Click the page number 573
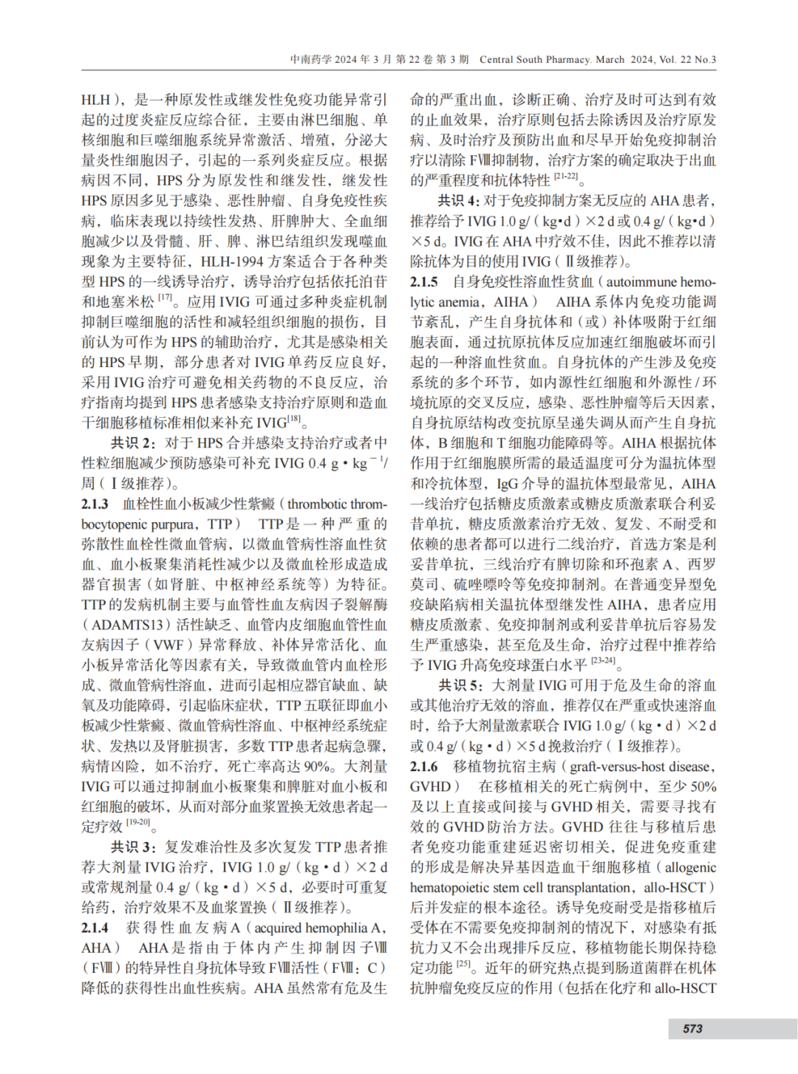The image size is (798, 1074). (x=692, y=1028)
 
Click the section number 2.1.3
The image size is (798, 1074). (x=95, y=504)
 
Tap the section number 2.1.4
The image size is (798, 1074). (x=95, y=928)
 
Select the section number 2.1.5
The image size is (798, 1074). (x=424, y=281)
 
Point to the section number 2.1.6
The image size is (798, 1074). (x=424, y=766)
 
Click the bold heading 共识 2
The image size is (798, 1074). (x=133, y=443)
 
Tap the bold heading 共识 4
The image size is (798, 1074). (x=458, y=201)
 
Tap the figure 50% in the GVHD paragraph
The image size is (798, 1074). (x=703, y=787)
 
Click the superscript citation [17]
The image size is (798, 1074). (x=165, y=298)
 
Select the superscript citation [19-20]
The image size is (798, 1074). (x=137, y=822)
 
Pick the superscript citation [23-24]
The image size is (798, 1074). (x=602, y=661)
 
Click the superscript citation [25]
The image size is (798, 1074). (x=463, y=964)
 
